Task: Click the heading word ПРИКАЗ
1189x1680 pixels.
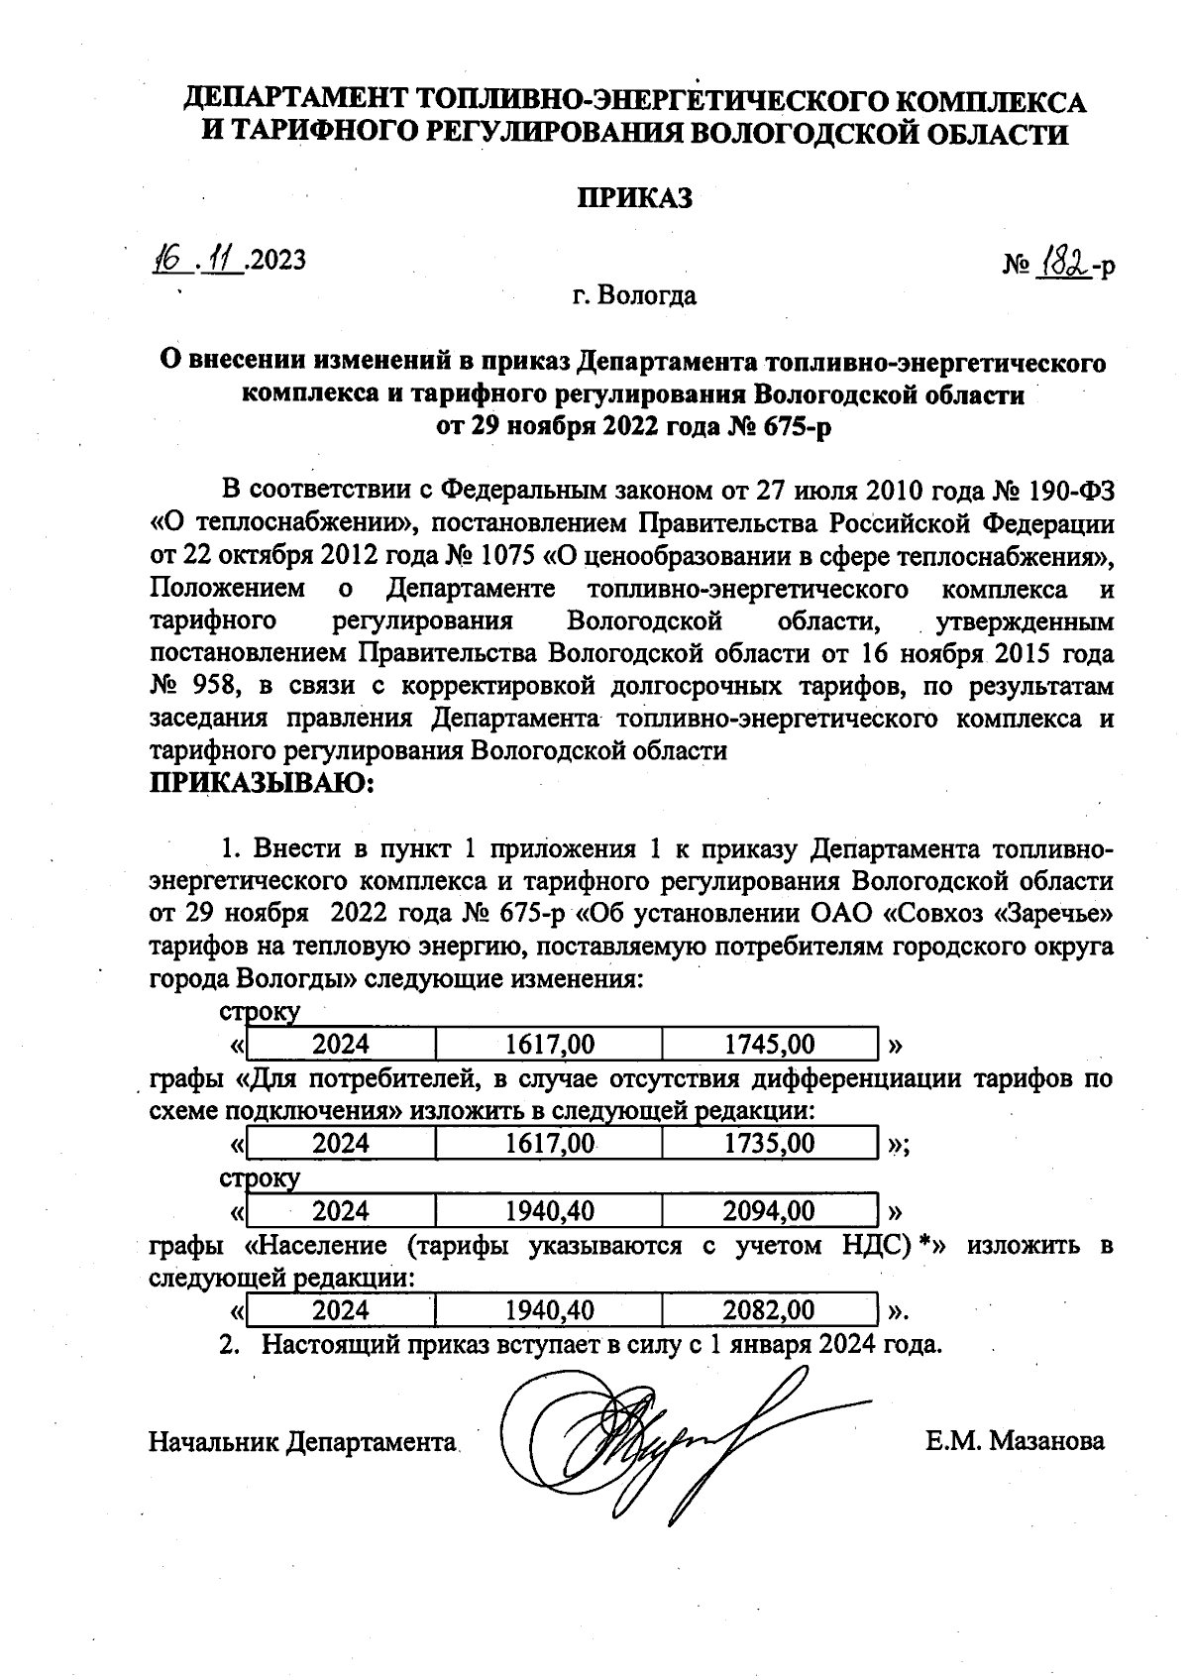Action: point(634,199)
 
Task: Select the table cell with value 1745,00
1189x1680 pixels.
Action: point(770,1045)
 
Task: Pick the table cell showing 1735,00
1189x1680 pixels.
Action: point(770,1144)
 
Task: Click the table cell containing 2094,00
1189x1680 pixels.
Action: point(770,1211)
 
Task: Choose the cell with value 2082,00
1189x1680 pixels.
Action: point(770,1310)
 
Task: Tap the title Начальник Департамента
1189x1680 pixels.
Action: point(303,1442)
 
